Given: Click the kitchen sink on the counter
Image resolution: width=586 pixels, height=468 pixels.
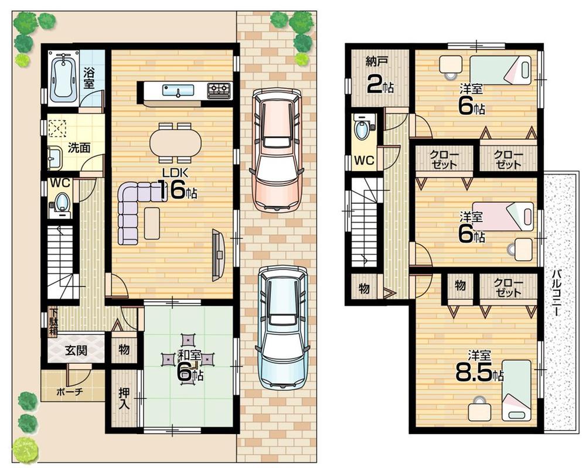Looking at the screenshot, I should pos(178,90).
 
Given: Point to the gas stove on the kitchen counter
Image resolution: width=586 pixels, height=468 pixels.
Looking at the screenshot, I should pos(219,90).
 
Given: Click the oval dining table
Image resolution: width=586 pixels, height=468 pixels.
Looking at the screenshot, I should pos(175,142).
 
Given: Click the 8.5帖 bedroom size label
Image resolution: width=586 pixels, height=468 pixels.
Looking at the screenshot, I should pos(479,371).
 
